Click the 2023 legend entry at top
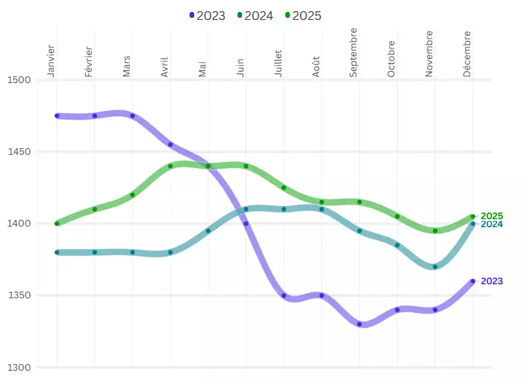click(x=207, y=16)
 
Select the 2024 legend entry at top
click(x=255, y=16)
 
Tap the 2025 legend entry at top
click(x=303, y=16)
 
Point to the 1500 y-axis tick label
click(x=19, y=80)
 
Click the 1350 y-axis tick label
click(x=19, y=296)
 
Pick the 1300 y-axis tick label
click(x=19, y=367)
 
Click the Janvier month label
click(x=51, y=61)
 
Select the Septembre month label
click(x=354, y=52)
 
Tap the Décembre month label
click(x=467, y=54)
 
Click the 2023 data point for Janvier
click(x=57, y=116)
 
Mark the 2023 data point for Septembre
click(x=360, y=324)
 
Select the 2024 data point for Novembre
click(x=436, y=267)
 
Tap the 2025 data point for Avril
click(x=171, y=166)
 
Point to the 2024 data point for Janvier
click(x=57, y=252)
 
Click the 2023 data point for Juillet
click(x=284, y=296)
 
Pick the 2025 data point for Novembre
click(x=436, y=231)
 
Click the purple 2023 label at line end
click(x=491, y=282)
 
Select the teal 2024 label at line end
click(x=491, y=225)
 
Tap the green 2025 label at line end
click(x=491, y=216)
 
